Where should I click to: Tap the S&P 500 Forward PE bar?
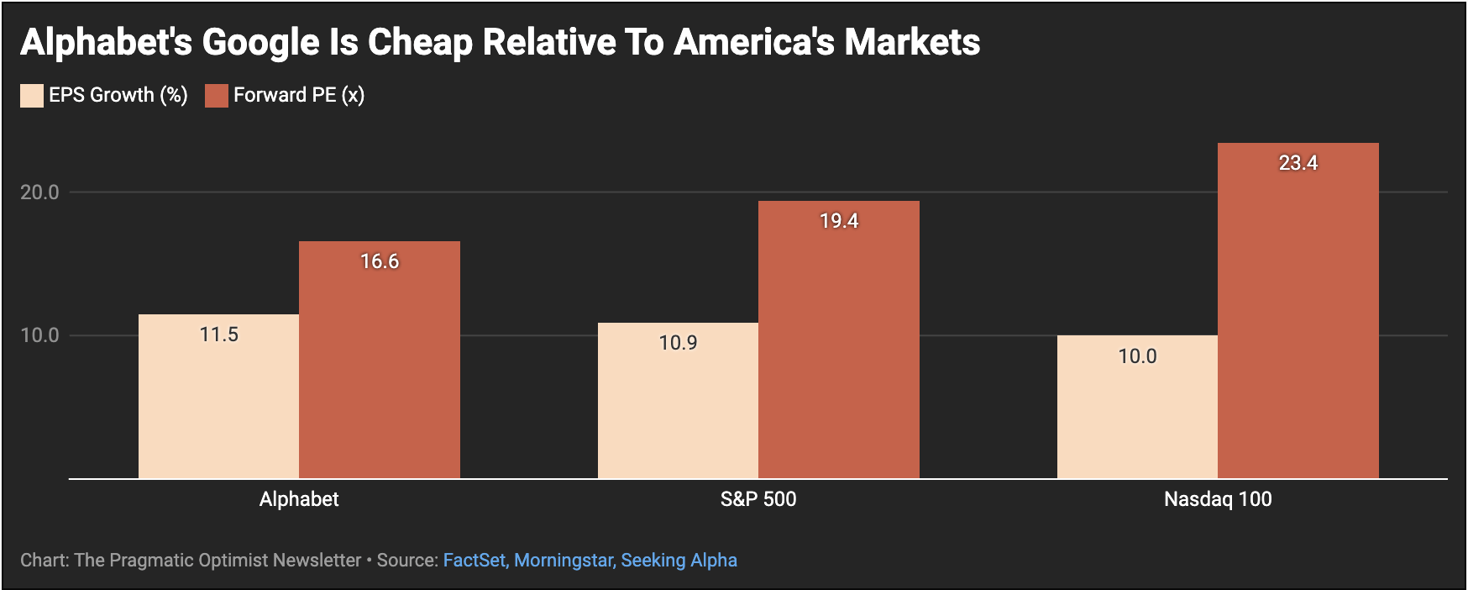point(839,340)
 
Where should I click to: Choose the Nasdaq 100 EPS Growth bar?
point(1137,407)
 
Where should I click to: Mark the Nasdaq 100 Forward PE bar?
point(1298,311)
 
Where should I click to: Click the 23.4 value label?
point(1298,163)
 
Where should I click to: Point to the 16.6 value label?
point(380,261)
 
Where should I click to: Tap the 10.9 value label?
point(678,343)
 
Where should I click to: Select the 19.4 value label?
point(839,221)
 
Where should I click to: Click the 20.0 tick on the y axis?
point(39,192)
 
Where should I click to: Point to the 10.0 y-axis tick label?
point(39,335)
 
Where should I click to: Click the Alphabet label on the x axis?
point(299,499)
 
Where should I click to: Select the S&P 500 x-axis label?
point(758,499)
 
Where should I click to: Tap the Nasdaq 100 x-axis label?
point(1218,499)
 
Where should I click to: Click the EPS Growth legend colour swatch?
point(32,96)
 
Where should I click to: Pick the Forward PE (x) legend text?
point(298,95)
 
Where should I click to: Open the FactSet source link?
point(474,561)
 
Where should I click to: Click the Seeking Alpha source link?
point(679,561)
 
